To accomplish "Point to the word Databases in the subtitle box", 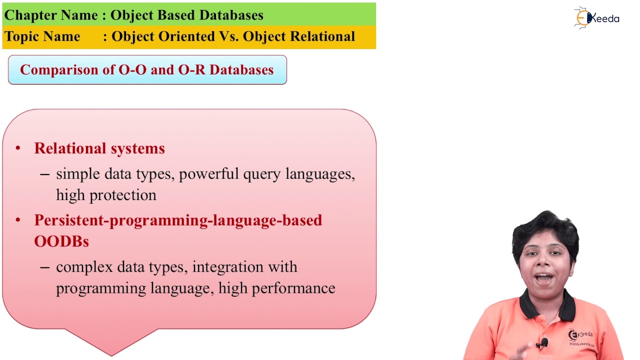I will click(241, 70).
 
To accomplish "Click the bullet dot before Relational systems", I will click(18, 148).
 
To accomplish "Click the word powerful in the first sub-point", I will click(209, 174).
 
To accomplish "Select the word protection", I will click(123, 195).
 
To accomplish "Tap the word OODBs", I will click(61, 241).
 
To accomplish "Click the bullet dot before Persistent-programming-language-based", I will click(18, 220).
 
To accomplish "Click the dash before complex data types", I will click(45, 267).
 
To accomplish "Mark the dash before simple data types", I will click(45, 174).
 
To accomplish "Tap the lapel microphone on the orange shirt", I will click(543, 343).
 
